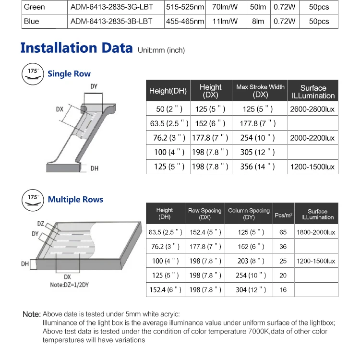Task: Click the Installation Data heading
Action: pyautogui.click(x=76, y=48)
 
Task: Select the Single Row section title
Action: pyautogui.click(x=69, y=74)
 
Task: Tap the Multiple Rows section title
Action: pyautogui.click(x=75, y=200)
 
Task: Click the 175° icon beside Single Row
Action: pyautogui.click(x=32, y=74)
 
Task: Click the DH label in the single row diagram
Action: pyautogui.click(x=95, y=168)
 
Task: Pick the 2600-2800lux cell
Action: pyautogui.click(x=312, y=109)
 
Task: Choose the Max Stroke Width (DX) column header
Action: pyautogui.click(x=260, y=91)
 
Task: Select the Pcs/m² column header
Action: pyautogui.click(x=283, y=214)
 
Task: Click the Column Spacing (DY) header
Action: pyautogui.click(x=249, y=214)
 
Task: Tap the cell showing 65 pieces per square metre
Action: pyautogui.click(x=283, y=232)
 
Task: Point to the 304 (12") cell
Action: pyautogui.click(x=249, y=290)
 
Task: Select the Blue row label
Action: pyautogui.click(x=32, y=22)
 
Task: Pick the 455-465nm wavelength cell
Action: pyautogui.click(x=185, y=22)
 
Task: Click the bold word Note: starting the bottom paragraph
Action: pyautogui.click(x=32, y=314)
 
